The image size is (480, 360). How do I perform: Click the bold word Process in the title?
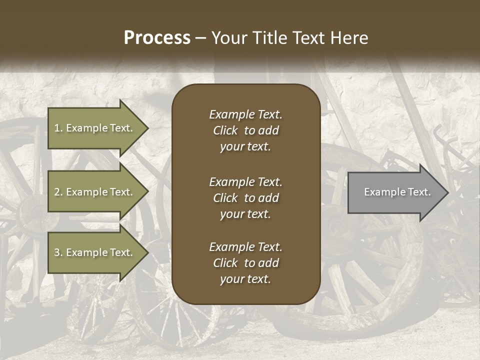[157, 38]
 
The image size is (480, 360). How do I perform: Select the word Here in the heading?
[349, 38]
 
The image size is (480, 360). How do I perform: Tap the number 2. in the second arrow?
[58, 192]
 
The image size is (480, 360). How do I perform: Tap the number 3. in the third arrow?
[58, 252]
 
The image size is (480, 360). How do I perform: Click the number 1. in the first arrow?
[58, 128]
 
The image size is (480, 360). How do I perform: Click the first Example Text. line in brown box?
[245, 114]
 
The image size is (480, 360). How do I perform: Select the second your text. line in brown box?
[245, 214]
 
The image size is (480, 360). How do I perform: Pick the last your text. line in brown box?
[245, 279]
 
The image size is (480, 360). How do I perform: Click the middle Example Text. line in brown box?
[245, 182]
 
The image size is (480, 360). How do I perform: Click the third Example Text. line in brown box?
[245, 247]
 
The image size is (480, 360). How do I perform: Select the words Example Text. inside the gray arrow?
[397, 192]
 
